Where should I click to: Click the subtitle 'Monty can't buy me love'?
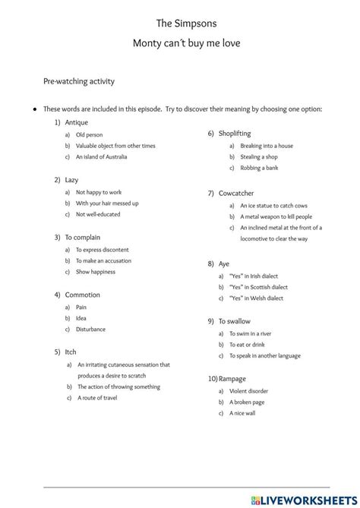[186, 43]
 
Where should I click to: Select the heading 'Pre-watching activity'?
[79, 80]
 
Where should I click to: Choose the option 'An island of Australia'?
[101, 157]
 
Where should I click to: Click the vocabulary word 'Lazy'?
[71, 180]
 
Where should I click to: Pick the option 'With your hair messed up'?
[107, 204]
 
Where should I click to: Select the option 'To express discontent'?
[103, 250]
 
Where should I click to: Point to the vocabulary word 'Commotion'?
[82, 295]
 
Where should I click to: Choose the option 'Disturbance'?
[91, 330]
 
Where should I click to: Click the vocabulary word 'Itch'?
[71, 352]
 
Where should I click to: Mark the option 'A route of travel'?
[97, 398]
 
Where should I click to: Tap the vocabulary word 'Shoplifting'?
[235, 134]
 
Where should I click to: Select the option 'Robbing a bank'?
[259, 169]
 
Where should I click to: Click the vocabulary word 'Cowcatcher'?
[236, 194]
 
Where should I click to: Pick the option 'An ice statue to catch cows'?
[274, 206]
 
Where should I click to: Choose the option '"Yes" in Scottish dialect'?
[259, 287]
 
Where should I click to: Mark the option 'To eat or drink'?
[257, 344]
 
